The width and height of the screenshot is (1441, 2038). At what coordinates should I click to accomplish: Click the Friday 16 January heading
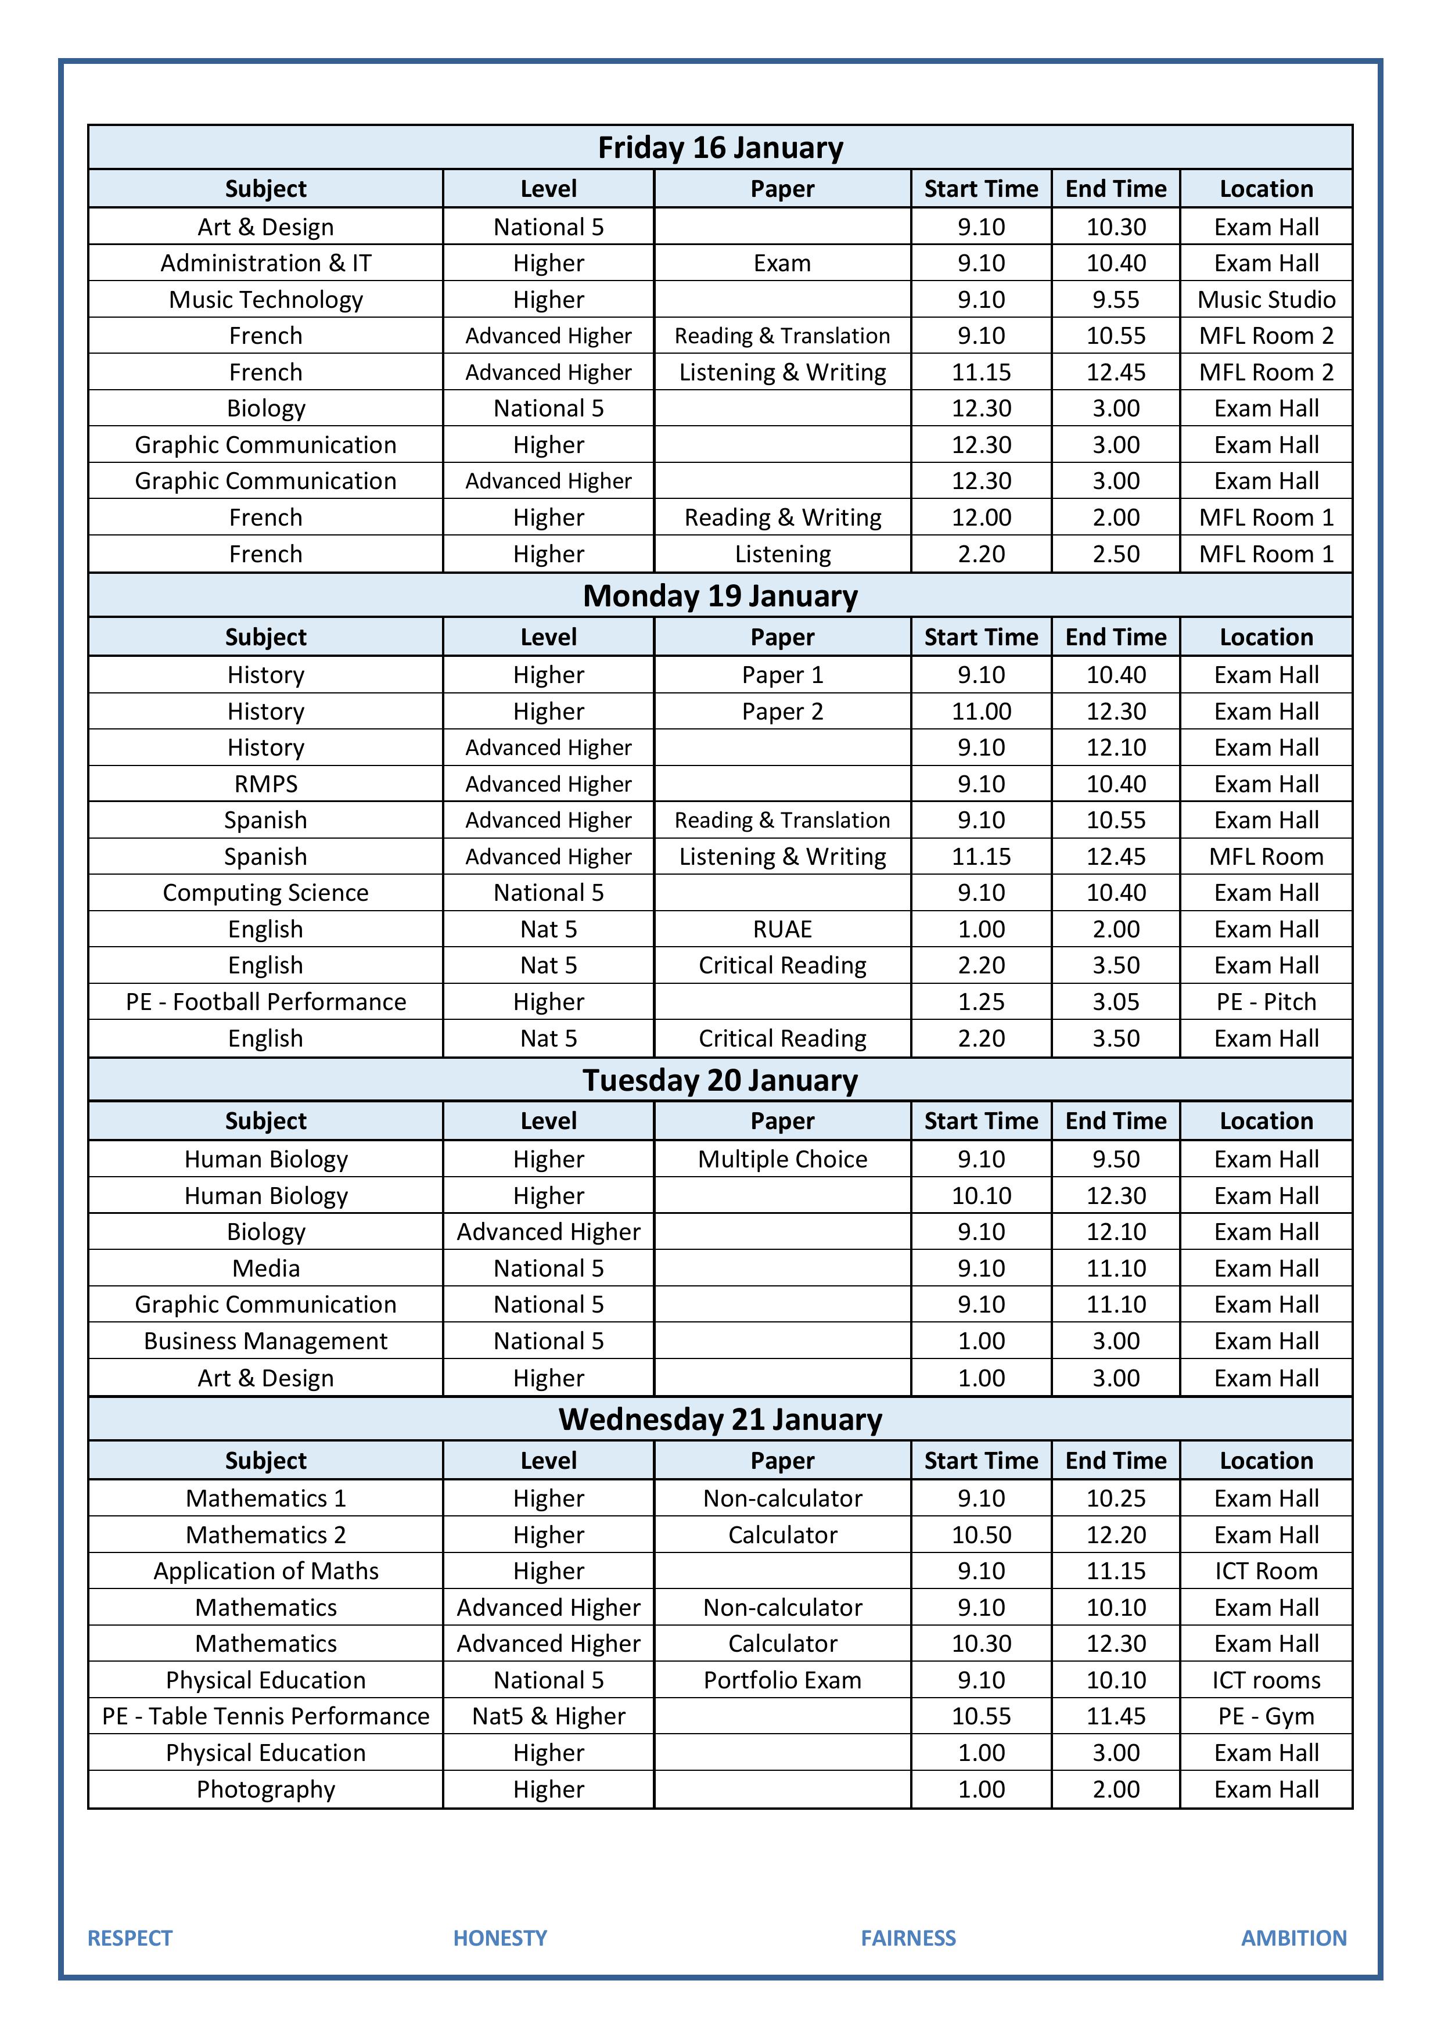tap(720, 148)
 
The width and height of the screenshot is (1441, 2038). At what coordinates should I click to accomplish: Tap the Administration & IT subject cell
tap(265, 264)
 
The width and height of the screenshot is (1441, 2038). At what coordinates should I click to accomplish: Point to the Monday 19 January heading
tap(720, 595)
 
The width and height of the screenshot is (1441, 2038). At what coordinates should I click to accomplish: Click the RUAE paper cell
tap(782, 929)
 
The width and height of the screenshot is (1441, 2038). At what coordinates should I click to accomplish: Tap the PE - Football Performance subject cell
tap(265, 1002)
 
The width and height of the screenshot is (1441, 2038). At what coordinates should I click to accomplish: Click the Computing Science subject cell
tap(265, 893)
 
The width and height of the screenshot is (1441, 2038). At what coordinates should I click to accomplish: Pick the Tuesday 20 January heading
tap(720, 1080)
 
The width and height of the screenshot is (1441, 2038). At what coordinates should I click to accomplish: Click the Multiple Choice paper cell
tap(782, 1159)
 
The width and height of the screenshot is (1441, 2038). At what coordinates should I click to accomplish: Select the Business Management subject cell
tap(265, 1341)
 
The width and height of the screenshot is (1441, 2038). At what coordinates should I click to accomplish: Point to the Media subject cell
tap(265, 1268)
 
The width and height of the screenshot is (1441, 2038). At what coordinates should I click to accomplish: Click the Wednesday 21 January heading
tap(720, 1419)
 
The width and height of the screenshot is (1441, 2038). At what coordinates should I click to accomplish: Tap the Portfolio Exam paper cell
tap(782, 1680)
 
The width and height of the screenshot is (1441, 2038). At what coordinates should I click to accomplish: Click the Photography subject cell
tap(265, 1789)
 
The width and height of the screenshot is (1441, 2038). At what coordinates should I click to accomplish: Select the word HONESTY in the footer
tap(500, 1938)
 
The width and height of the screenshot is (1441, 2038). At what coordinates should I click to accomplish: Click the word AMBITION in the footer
tap(1293, 1938)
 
